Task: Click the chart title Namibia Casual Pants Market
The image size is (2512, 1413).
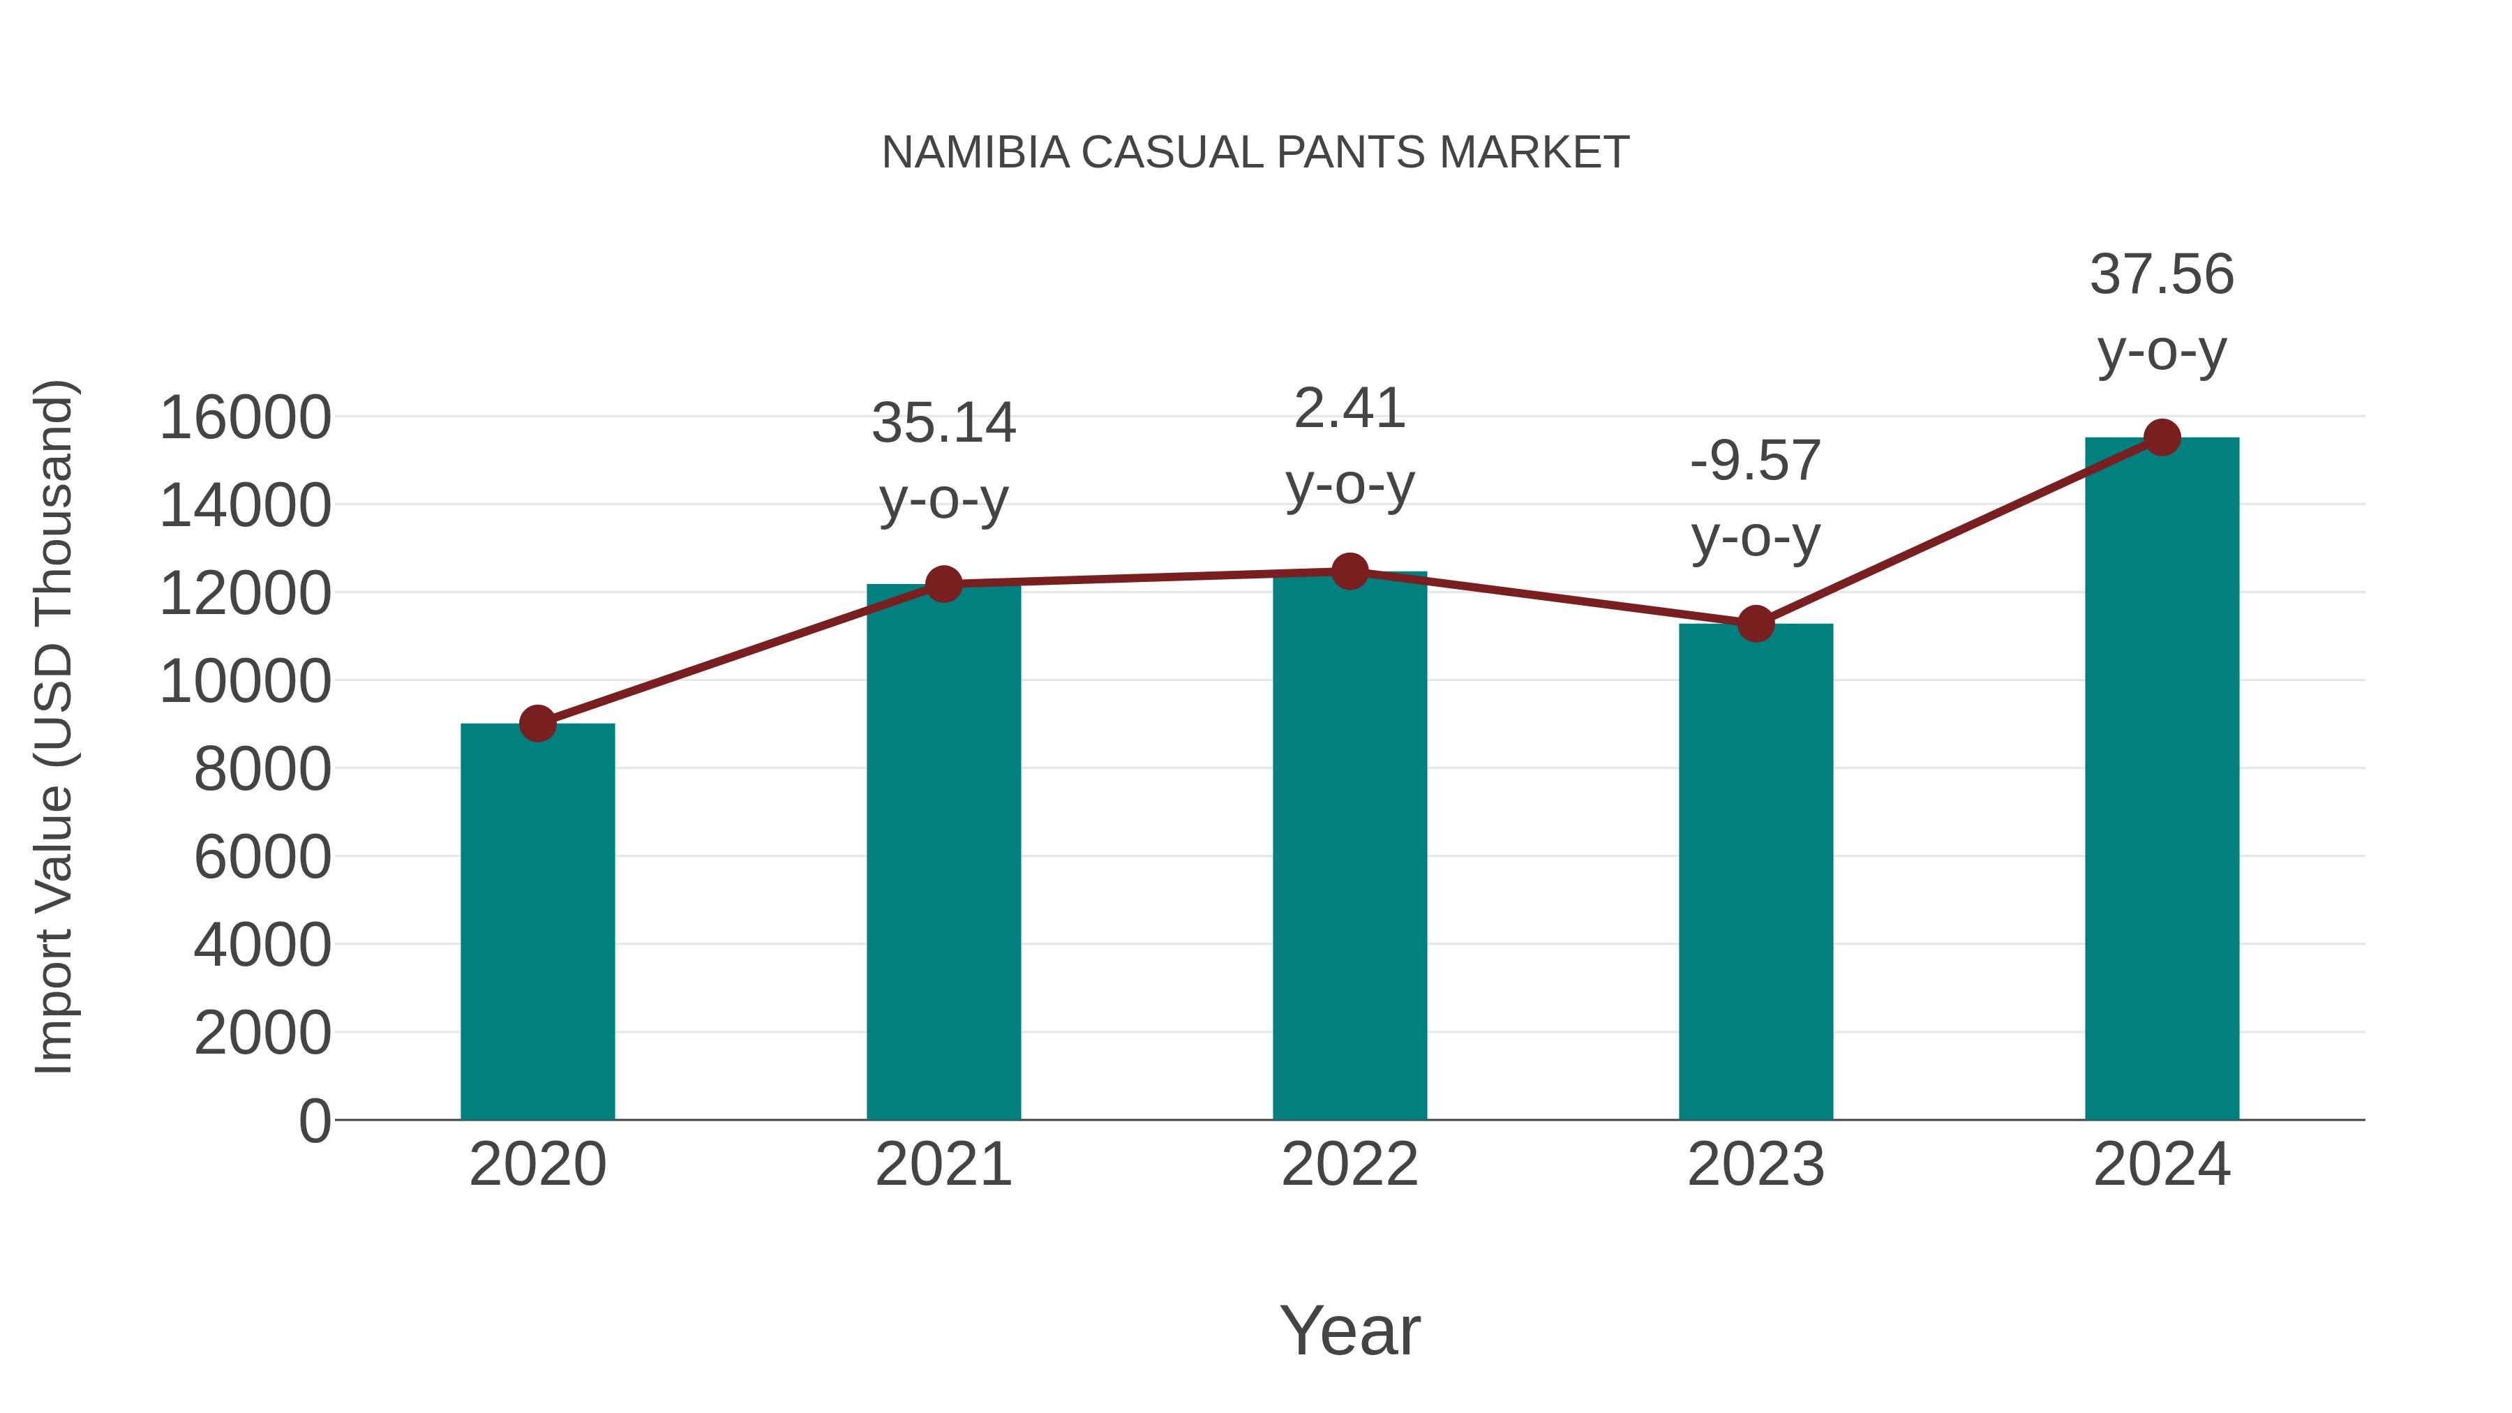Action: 1255,153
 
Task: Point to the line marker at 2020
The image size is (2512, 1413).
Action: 537,724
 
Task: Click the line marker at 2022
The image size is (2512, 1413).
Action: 1350,571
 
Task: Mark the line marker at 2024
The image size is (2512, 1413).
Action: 2162,438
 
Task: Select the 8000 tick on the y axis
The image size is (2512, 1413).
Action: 262,770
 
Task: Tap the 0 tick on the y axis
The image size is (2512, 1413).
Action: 315,1121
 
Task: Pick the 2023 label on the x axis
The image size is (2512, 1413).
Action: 1756,1165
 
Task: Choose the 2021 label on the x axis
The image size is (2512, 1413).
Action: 943,1165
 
